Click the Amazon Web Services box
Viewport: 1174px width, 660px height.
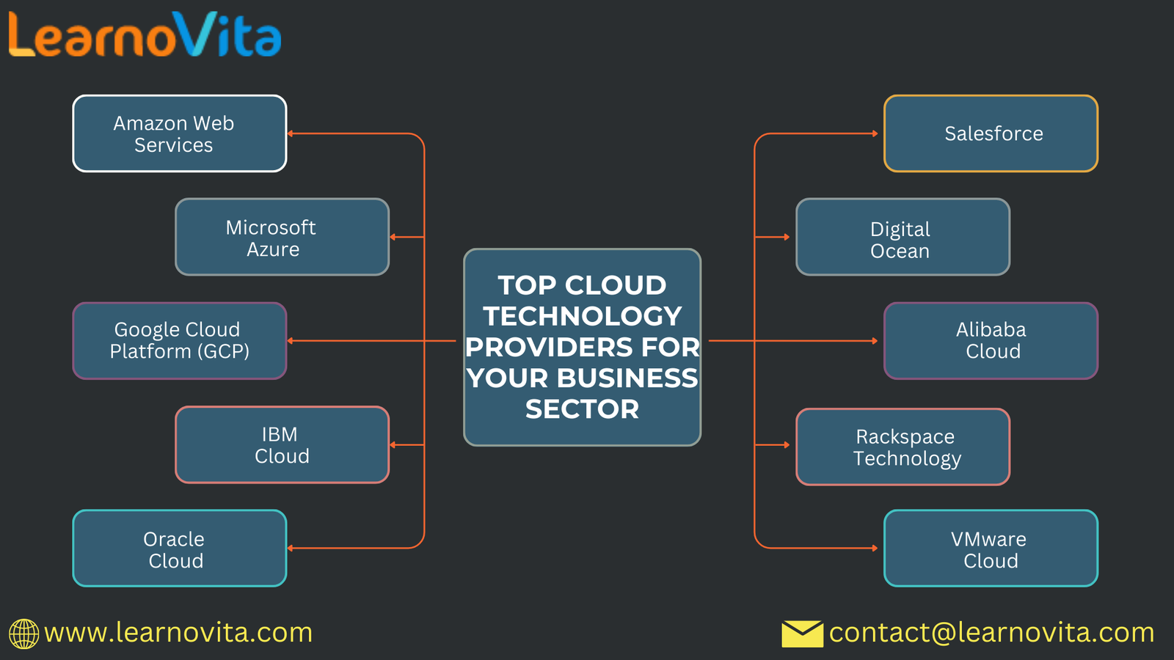180,133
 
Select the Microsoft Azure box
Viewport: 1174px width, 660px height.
282,237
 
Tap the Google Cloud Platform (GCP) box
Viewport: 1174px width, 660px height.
180,340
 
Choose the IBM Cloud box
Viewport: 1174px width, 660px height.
282,444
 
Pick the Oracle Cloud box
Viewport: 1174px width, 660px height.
180,548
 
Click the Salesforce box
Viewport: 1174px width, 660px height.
991,133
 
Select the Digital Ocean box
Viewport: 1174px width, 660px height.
903,237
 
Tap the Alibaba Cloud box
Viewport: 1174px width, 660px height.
991,340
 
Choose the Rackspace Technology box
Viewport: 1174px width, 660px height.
903,447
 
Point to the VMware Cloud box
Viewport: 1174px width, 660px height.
991,548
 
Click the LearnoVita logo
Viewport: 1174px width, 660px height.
145,35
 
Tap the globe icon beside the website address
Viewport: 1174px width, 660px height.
23,634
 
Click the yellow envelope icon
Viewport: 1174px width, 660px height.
802,634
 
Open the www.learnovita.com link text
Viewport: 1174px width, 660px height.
178,633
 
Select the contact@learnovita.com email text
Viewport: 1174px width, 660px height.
991,633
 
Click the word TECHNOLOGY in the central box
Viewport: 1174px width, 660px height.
582,316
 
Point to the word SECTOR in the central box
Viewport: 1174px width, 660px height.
582,409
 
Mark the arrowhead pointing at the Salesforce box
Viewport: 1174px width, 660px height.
875,133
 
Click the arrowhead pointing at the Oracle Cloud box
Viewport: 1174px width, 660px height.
291,548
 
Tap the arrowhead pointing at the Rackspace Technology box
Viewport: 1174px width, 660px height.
787,444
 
